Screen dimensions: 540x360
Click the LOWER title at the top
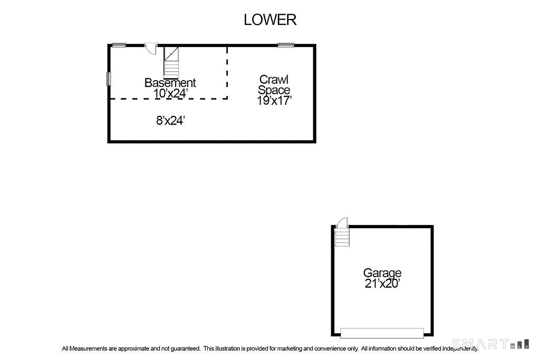click(x=270, y=20)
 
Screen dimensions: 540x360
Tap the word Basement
click(x=170, y=83)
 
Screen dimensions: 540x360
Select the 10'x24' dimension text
click(x=170, y=93)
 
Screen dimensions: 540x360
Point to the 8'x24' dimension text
click(x=171, y=121)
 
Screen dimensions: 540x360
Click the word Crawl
click(x=274, y=80)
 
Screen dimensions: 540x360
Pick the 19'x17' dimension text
click(x=274, y=101)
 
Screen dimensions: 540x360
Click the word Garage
click(x=382, y=273)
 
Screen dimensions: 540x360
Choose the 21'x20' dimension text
click(x=382, y=284)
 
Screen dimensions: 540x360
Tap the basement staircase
click(x=171, y=63)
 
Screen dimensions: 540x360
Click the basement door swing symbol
click(x=151, y=48)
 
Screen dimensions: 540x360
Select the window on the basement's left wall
click(x=109, y=79)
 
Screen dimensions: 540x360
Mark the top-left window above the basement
click(x=119, y=45)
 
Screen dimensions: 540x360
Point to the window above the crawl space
click(x=286, y=45)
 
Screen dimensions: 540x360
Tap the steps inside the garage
click(x=342, y=238)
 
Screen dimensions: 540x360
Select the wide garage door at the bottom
click(x=382, y=333)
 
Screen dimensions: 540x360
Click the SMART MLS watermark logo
click(x=490, y=344)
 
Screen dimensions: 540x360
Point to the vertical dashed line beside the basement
click(x=227, y=73)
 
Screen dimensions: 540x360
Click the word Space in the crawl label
click(x=274, y=90)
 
